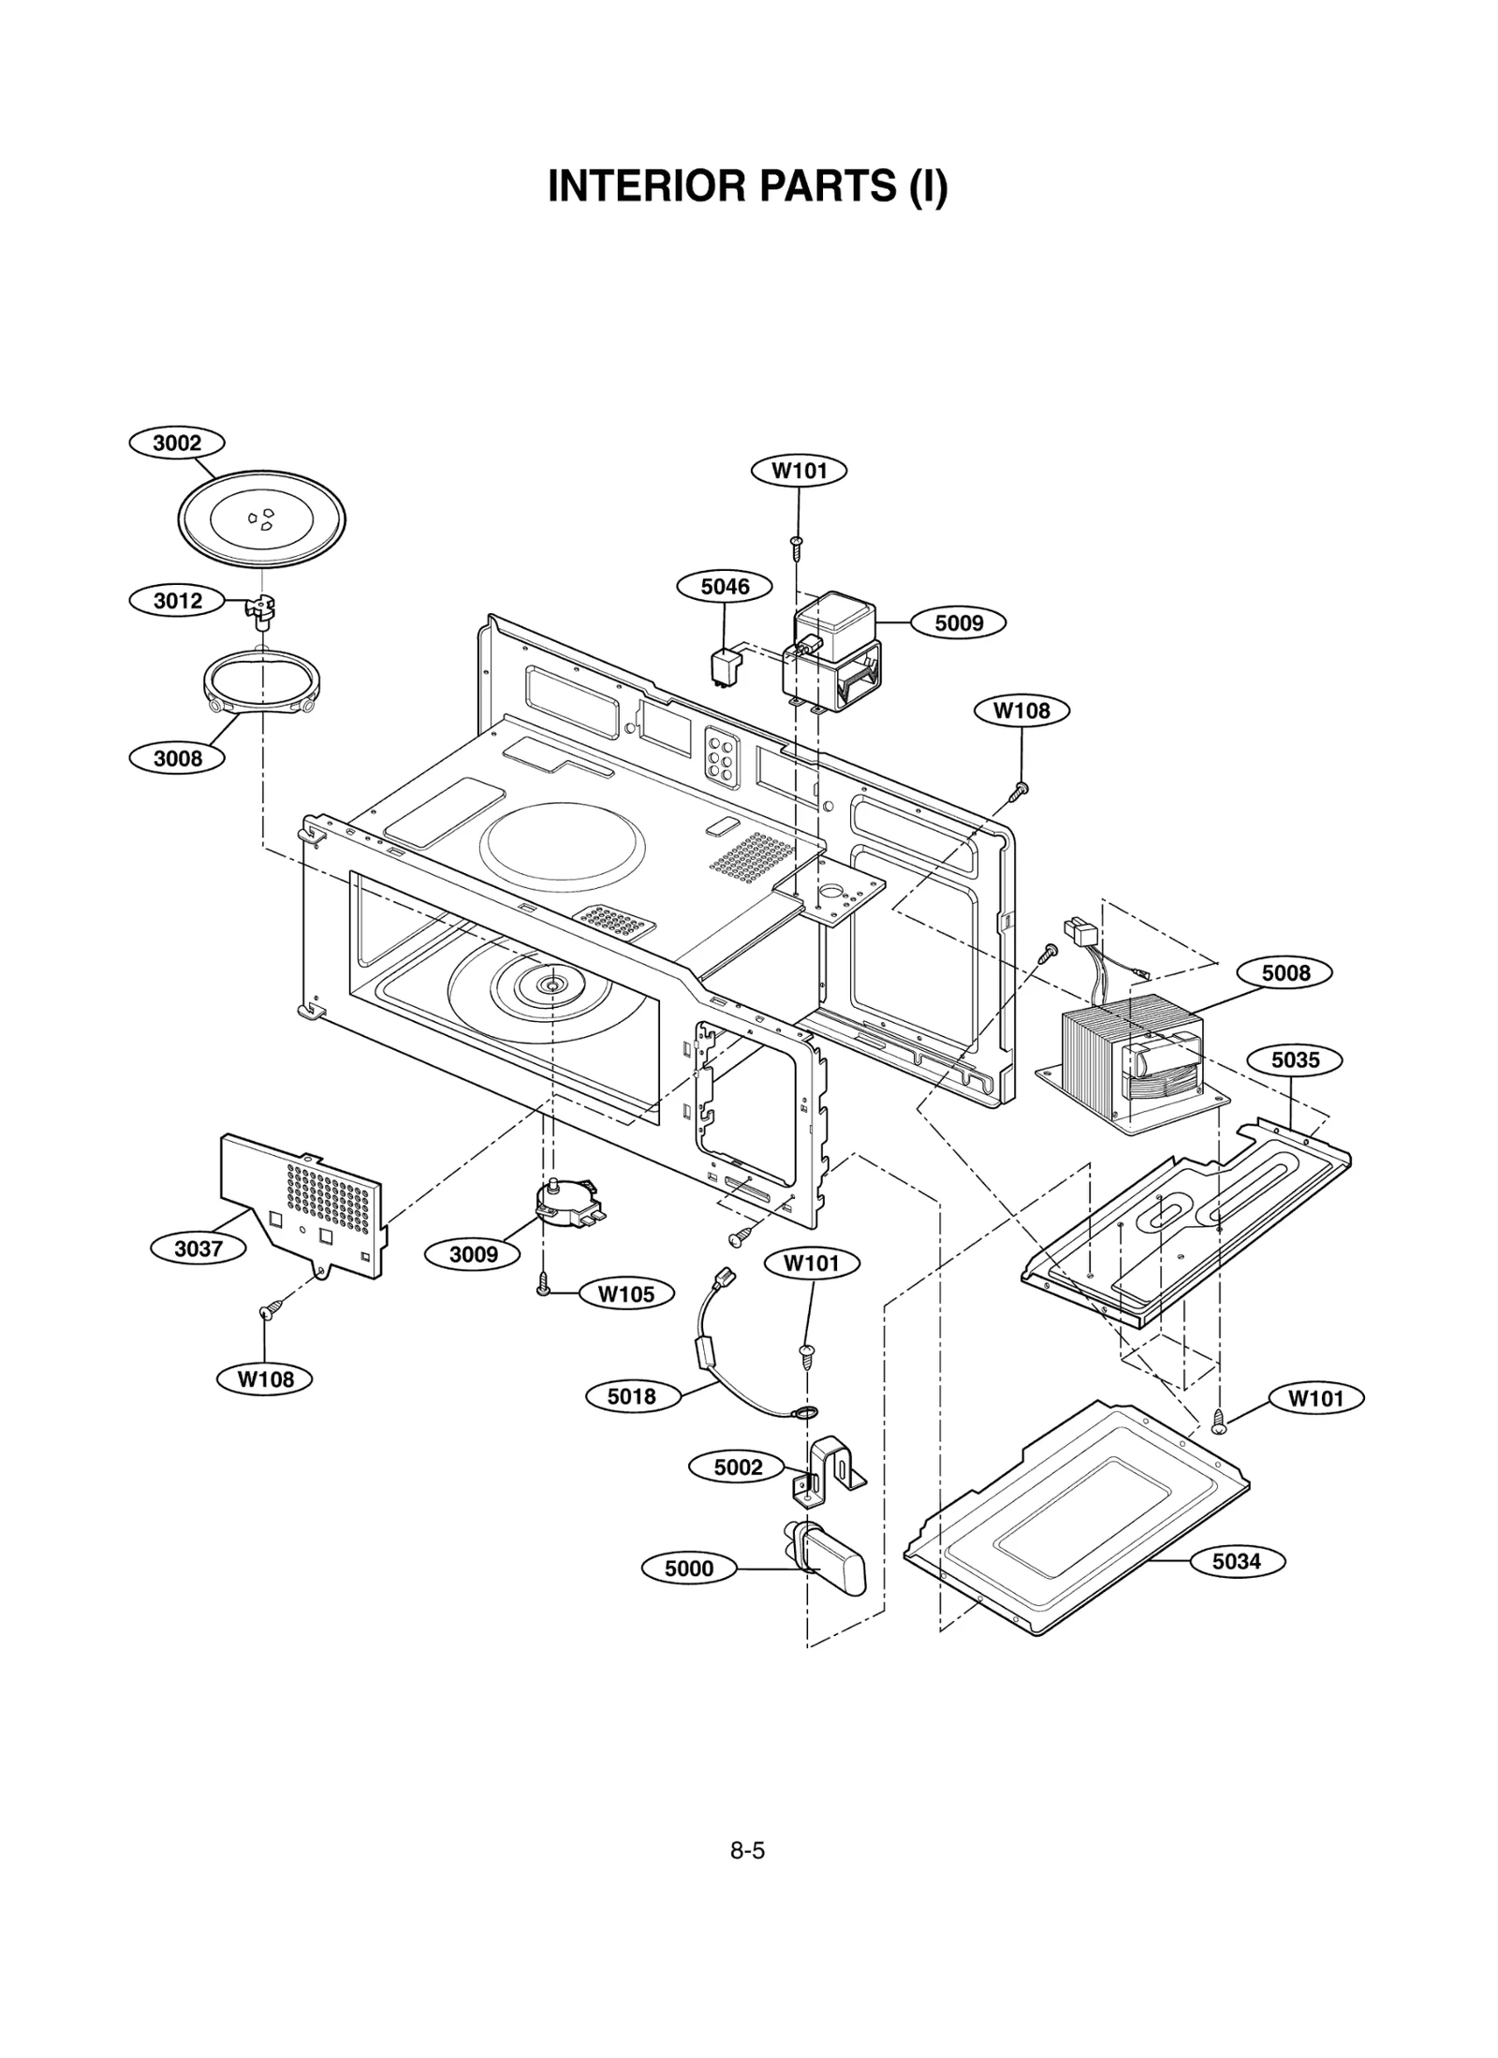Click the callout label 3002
[x=177, y=443]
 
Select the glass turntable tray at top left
[x=261, y=518]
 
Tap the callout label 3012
[x=177, y=600]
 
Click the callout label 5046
[x=725, y=587]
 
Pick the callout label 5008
[x=1285, y=973]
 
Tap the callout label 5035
[x=1295, y=1060]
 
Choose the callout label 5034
[x=1236, y=1561]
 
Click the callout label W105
[x=625, y=1294]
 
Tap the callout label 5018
[x=632, y=1396]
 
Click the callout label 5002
[x=738, y=1467]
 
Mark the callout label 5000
[x=689, y=1569]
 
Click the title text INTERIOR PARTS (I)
[x=747, y=186]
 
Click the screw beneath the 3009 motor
[x=543, y=1287]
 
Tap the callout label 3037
[x=198, y=1248]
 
